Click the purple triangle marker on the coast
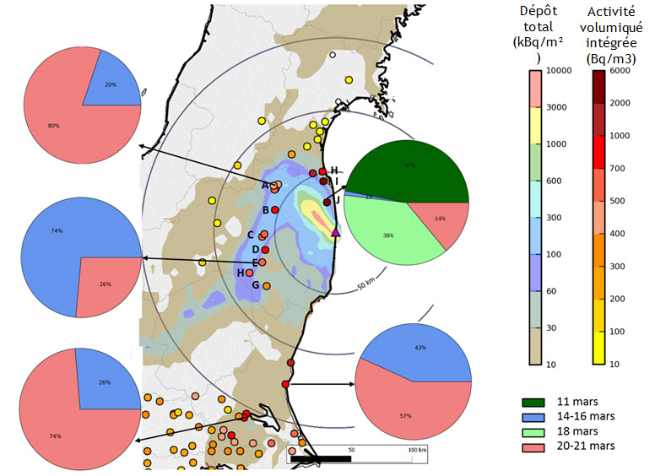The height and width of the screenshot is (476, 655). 336,232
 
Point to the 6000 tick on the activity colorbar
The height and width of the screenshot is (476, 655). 620,71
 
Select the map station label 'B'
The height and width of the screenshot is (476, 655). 265,210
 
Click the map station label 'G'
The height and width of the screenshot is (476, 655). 256,285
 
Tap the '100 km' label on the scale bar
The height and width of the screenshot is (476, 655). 417,451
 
